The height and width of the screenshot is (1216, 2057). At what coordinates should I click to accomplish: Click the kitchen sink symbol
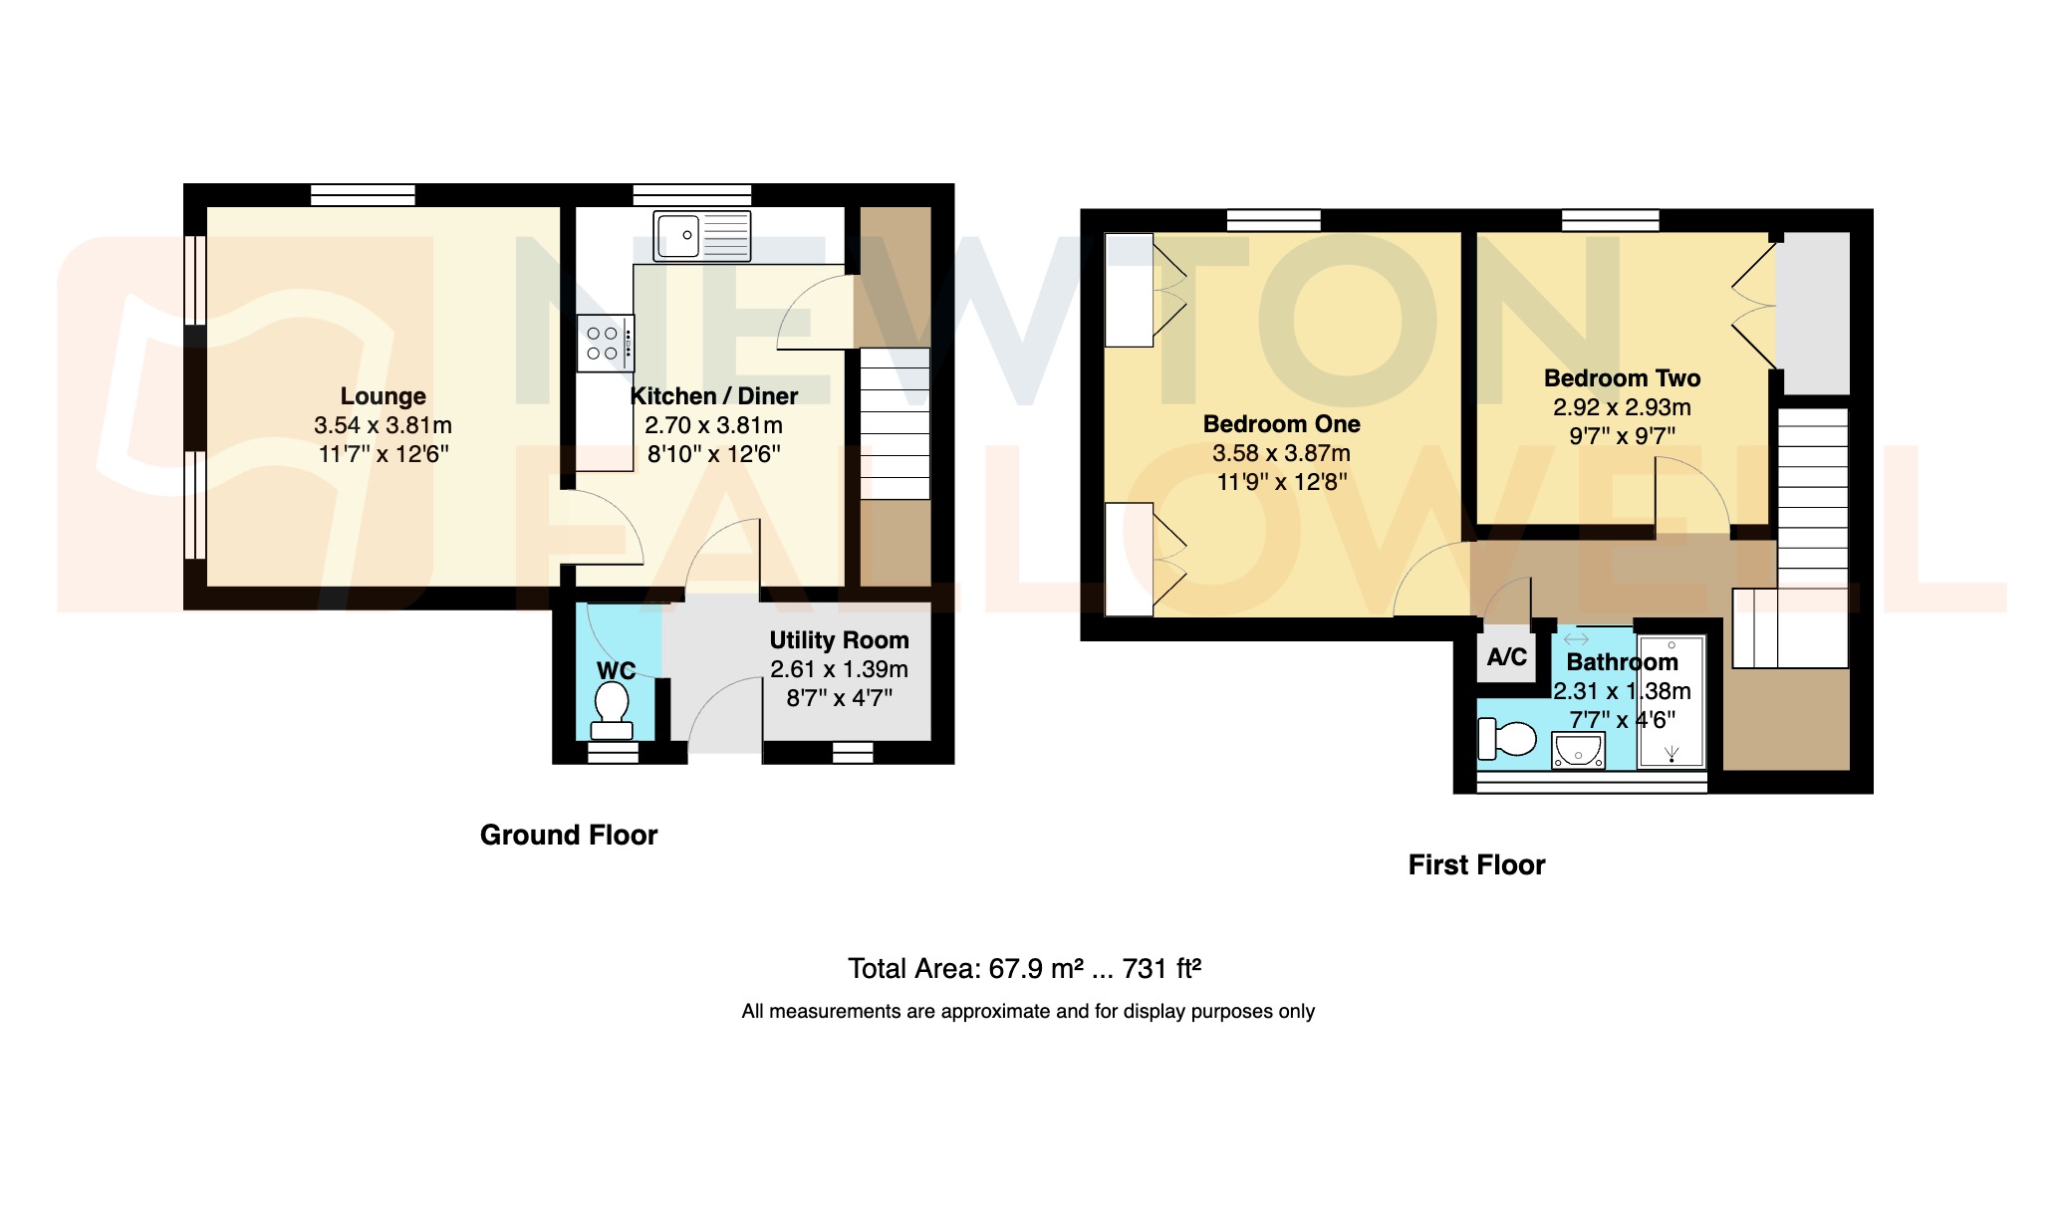pyautogui.click(x=701, y=236)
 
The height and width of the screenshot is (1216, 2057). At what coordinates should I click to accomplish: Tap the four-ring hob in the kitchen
pyautogui.click(x=605, y=343)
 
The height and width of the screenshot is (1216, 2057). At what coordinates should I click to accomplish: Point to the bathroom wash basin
pyautogui.click(x=1578, y=750)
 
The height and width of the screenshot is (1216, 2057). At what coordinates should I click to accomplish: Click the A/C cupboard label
pyautogui.click(x=1506, y=657)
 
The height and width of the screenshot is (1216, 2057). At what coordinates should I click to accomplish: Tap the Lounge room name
pyautogui.click(x=383, y=396)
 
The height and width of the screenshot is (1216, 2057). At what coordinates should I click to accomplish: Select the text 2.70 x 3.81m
pyautogui.click(x=713, y=425)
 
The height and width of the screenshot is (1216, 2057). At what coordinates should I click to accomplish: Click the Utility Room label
pyautogui.click(x=839, y=640)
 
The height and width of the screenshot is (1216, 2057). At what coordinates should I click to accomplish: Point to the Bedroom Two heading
pyautogui.click(x=1622, y=378)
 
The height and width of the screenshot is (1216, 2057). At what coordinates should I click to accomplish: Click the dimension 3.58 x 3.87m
pyautogui.click(x=1281, y=453)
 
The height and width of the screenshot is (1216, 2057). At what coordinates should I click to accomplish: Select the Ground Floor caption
pyautogui.click(x=569, y=835)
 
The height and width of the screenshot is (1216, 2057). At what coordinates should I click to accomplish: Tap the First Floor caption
pyautogui.click(x=1476, y=864)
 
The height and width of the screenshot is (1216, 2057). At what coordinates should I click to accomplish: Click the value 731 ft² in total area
pyautogui.click(x=1161, y=968)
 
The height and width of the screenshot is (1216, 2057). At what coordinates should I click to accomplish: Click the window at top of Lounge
pyautogui.click(x=363, y=194)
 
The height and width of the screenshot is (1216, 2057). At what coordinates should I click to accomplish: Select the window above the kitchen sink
pyautogui.click(x=691, y=194)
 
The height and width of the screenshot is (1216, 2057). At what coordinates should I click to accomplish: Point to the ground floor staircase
pyautogui.click(x=895, y=423)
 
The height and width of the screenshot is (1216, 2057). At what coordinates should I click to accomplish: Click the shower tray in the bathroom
pyautogui.click(x=1671, y=703)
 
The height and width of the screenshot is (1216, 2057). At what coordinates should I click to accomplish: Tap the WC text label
pyautogui.click(x=616, y=671)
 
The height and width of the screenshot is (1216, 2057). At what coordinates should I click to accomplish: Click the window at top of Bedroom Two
pyautogui.click(x=1610, y=220)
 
